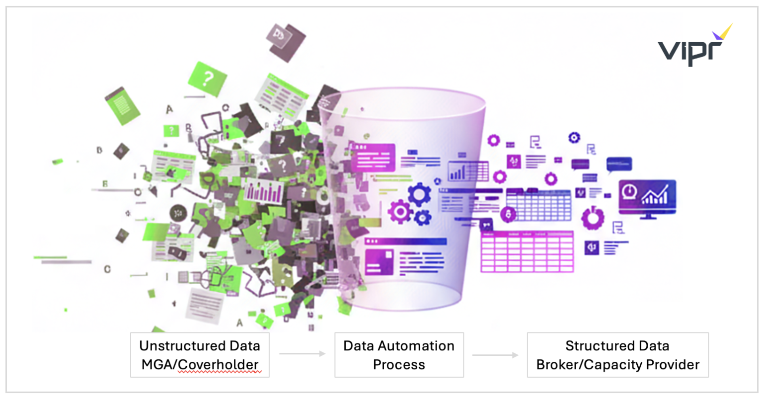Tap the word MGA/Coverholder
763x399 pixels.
200,365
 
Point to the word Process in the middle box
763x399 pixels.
398,365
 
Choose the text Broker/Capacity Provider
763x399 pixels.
617,365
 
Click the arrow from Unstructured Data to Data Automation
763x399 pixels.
302,354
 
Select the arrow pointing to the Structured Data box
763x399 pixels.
495,355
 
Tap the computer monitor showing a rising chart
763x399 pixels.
647,198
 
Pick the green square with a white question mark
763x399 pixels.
207,79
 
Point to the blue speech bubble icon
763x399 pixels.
619,164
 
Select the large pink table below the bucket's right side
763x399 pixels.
527,252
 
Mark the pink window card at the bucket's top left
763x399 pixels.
373,158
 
